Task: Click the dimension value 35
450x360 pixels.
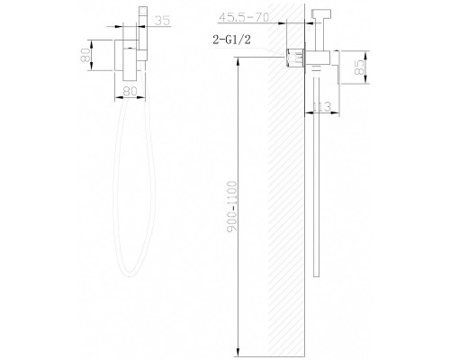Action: point(162,21)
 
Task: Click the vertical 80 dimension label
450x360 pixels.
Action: point(85,55)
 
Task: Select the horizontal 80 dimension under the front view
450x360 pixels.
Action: point(130,91)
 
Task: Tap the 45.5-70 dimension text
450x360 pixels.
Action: point(244,17)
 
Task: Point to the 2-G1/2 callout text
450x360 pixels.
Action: point(231,40)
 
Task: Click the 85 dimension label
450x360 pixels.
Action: point(359,67)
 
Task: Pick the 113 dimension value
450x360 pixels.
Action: point(321,106)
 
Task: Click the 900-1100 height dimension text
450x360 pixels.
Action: point(232,206)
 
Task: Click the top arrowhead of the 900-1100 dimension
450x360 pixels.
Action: point(238,62)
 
